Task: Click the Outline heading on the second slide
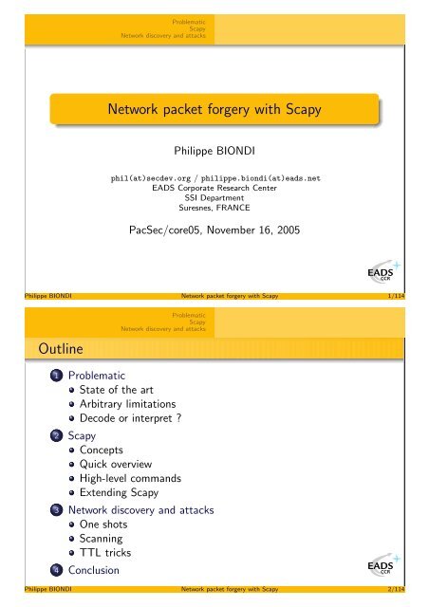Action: point(47,353)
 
